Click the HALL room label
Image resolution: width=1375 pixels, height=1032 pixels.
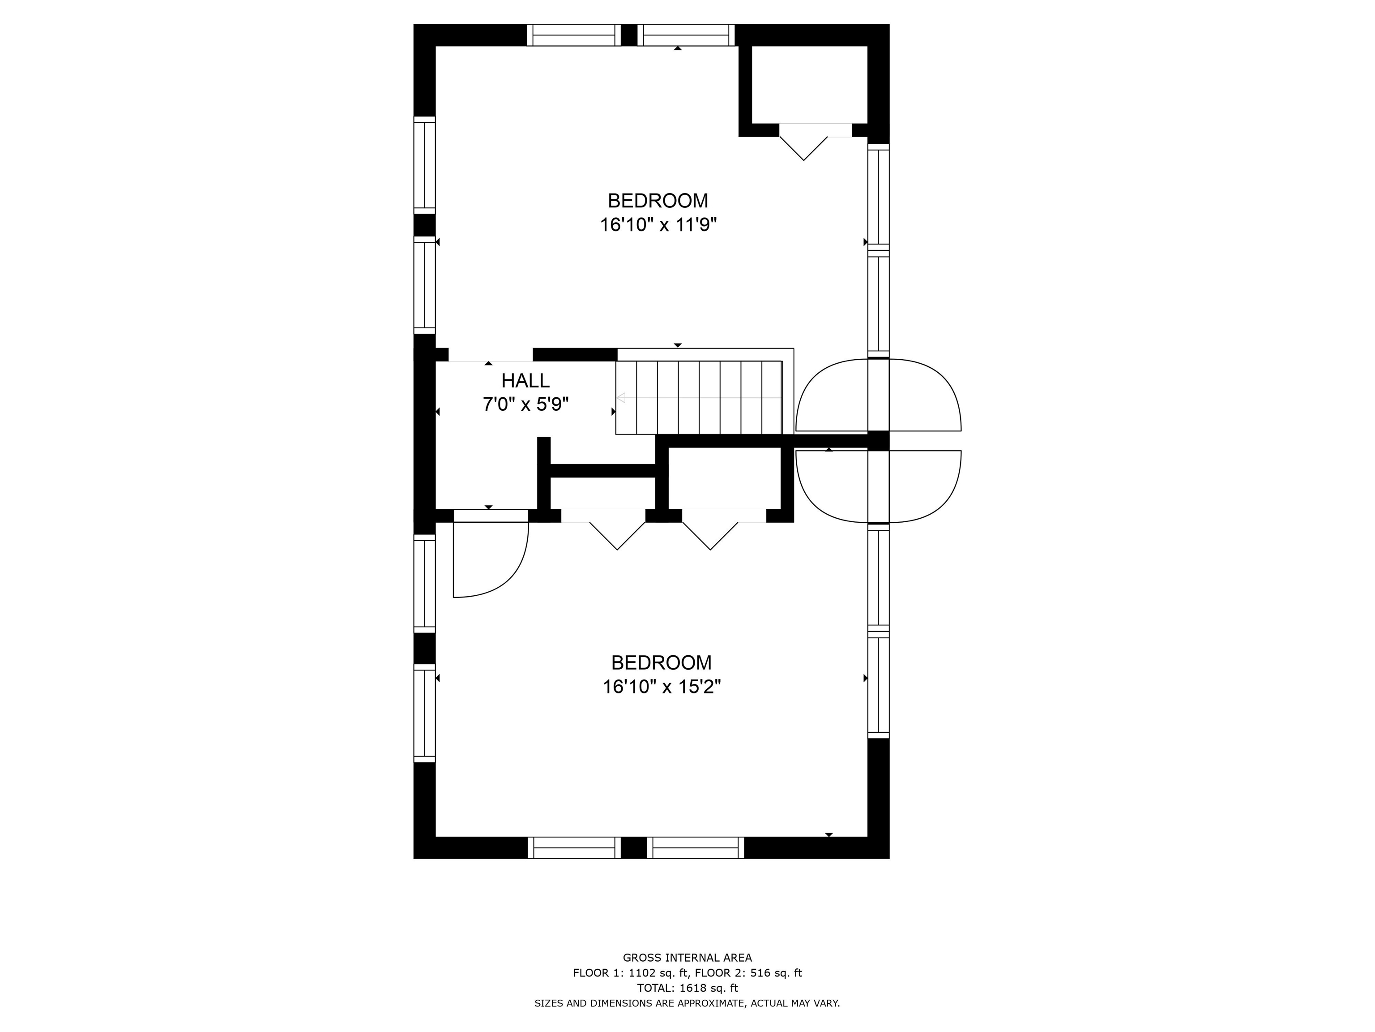(x=525, y=380)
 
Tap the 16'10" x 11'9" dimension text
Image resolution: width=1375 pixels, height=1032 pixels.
(x=658, y=224)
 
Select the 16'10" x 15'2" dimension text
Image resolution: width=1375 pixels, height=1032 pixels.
(x=662, y=687)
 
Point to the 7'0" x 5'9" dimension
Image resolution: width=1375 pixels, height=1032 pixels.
(x=526, y=404)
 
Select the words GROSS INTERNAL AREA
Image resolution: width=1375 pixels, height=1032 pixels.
(x=687, y=958)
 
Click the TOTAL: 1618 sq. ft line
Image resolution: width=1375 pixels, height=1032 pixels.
(x=687, y=988)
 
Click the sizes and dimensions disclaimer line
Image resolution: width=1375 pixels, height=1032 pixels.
(x=687, y=1003)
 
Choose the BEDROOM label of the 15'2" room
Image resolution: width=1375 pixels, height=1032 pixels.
(x=662, y=662)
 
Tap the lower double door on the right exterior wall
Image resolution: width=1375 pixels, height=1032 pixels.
(x=878, y=486)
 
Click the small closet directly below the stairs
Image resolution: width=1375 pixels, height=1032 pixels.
(x=725, y=478)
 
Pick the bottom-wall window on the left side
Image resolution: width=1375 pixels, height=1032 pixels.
(x=574, y=848)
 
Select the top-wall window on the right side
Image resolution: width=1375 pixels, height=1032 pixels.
(x=686, y=35)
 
